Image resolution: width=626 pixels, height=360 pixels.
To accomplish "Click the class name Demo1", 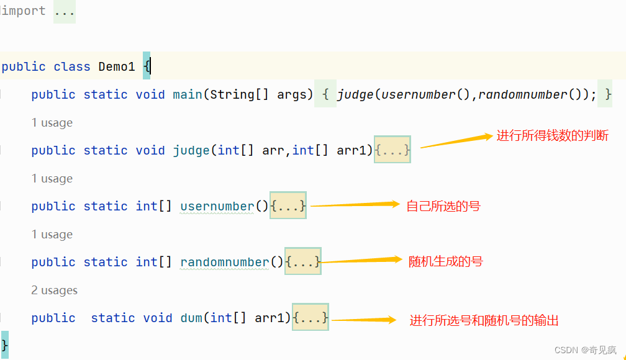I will click(117, 66).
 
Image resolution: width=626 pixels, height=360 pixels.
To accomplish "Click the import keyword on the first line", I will click(24, 11).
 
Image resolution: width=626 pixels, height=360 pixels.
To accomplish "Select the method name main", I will click(188, 94).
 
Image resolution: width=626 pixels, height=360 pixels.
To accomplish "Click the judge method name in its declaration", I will click(191, 150).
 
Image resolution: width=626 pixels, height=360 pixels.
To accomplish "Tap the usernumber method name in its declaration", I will click(217, 206).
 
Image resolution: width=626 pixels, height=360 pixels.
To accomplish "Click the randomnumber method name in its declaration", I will click(225, 262).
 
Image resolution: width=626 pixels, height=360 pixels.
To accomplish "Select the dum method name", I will click(191, 318).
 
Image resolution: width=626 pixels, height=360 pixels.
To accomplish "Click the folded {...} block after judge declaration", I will click(392, 150).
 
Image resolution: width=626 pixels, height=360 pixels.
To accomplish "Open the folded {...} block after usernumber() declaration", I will click(288, 206).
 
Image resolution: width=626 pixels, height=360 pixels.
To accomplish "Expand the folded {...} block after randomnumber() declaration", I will click(303, 262).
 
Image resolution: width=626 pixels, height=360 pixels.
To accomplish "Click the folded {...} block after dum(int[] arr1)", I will click(311, 318).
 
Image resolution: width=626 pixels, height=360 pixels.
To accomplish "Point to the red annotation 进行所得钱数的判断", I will click(552, 136).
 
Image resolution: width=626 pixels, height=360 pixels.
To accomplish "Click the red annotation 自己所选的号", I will click(443, 206).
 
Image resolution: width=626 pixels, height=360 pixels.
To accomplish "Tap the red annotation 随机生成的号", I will click(445, 261).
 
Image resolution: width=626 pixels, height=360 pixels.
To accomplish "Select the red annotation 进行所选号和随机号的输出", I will click(484, 320).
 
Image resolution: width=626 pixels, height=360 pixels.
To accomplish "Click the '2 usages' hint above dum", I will click(55, 290).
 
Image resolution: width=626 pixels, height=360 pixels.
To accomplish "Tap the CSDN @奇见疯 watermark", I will click(586, 350).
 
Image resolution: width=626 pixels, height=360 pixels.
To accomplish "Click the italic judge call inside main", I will click(356, 94).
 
